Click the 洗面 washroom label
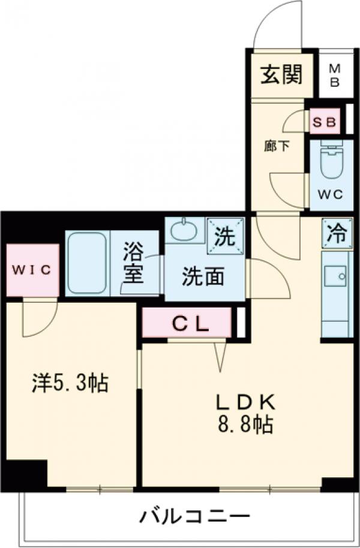pos(203,276)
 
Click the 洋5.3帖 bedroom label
pos(70,383)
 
